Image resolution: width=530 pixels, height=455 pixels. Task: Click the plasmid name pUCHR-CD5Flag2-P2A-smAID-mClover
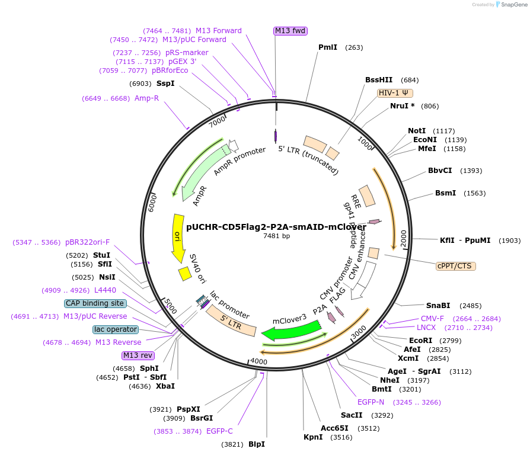coord(276,226)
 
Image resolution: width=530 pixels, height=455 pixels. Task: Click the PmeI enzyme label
coord(328,47)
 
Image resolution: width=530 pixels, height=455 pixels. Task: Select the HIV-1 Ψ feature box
coord(395,92)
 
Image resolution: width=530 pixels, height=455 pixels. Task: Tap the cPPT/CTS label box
coord(455,266)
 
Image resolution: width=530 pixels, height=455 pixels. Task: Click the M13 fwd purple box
coord(290,31)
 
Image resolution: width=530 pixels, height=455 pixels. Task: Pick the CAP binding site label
coord(95,303)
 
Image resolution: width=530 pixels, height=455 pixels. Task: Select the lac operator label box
coord(116,329)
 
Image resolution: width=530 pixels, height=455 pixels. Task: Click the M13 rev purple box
coord(138,355)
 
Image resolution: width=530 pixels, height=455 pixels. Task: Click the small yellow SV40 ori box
coord(184,273)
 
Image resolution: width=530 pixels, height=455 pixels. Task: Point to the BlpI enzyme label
coord(256,444)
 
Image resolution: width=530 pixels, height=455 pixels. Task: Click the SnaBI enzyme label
coord(438,306)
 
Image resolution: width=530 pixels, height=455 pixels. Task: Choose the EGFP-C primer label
coord(219,431)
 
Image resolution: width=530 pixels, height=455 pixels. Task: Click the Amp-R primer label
coord(146,98)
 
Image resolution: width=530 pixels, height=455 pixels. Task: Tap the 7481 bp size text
coord(276,236)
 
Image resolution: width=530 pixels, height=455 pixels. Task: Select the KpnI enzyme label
coord(313,437)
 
